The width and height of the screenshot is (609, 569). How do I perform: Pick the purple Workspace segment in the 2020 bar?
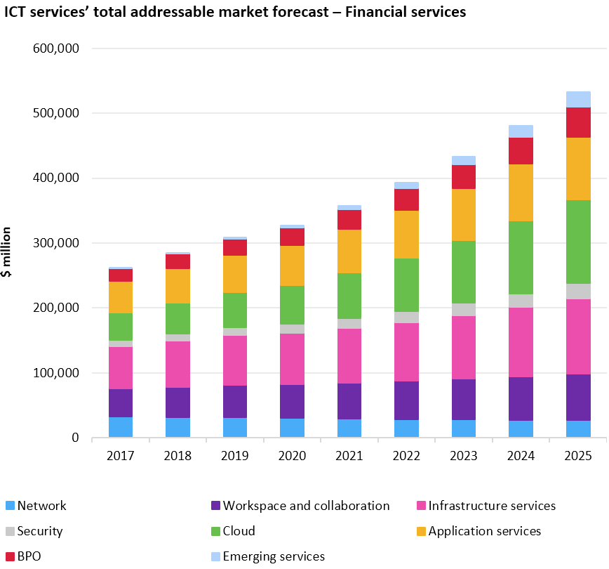[292, 402]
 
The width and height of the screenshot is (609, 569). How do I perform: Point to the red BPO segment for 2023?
[464, 177]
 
